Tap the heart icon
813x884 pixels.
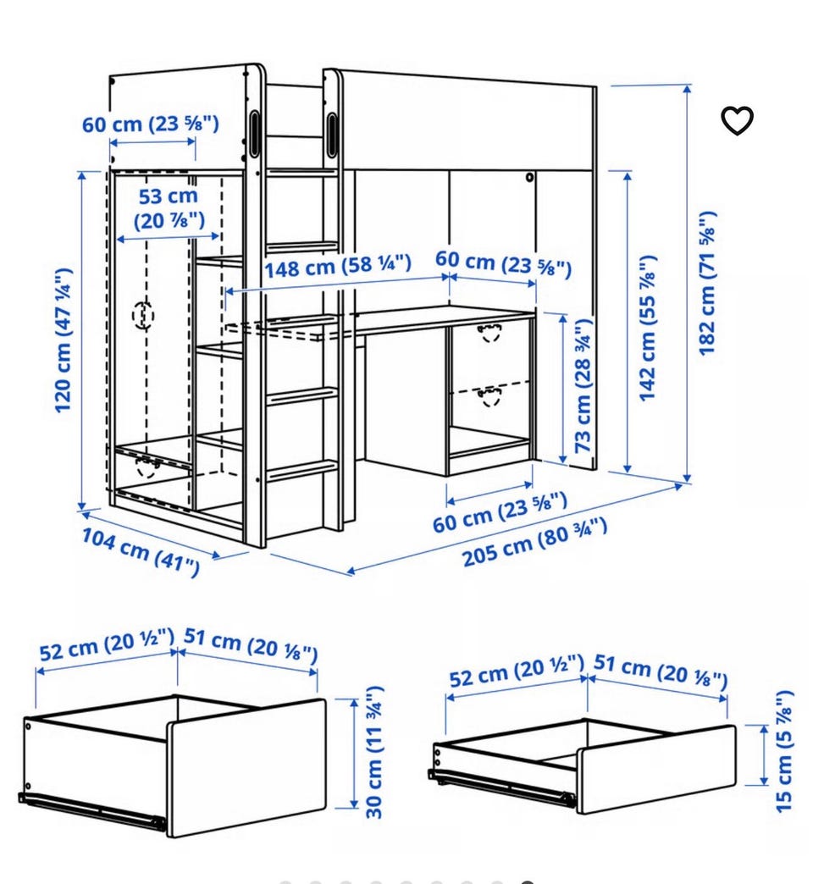(737, 120)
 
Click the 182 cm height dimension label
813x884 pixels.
(707, 284)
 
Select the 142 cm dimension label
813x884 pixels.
(647, 329)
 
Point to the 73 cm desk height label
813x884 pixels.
(583, 385)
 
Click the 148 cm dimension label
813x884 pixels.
(338, 265)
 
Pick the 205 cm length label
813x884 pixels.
(534, 542)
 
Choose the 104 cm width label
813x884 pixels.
(141, 552)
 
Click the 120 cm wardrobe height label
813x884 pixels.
(64, 340)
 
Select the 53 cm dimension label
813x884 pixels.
(169, 208)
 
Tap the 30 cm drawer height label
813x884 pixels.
(374, 752)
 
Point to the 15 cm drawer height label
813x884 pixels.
(784, 751)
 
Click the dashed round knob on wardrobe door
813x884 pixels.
(142, 315)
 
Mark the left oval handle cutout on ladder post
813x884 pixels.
(254, 133)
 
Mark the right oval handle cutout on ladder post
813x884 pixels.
(331, 133)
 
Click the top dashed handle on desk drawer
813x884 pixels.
(489, 333)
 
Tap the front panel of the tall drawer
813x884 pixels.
(247, 769)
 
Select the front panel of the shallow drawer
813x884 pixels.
(656, 770)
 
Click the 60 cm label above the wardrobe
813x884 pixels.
(151, 124)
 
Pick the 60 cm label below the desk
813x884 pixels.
(501, 512)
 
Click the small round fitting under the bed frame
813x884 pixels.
(529, 178)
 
